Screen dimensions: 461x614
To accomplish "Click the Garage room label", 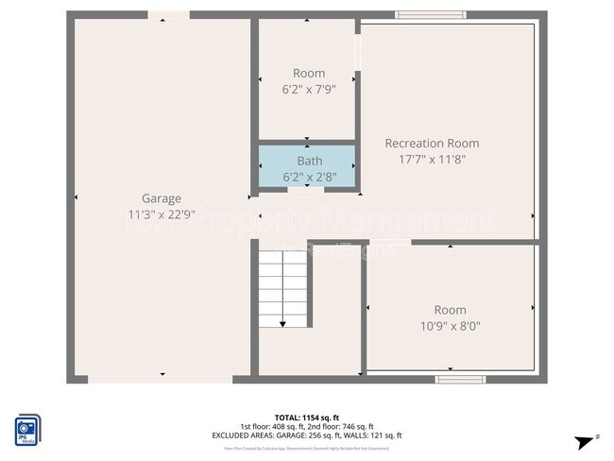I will [162, 198].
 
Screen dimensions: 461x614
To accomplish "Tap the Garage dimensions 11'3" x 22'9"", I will [162, 213].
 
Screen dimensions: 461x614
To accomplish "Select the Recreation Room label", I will [432, 144].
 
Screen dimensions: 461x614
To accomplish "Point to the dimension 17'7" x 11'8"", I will [432, 159].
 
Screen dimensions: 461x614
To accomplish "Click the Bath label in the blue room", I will [309, 161].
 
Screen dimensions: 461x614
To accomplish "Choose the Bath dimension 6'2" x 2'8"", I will [309, 176].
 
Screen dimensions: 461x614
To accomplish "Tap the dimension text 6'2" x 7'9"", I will [309, 89].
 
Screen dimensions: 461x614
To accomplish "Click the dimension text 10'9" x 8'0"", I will [450, 326].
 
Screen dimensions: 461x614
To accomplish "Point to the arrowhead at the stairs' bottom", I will [283, 323].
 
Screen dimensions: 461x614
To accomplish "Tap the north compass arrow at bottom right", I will [588, 441].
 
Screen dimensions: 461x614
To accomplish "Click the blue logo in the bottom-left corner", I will [27, 427].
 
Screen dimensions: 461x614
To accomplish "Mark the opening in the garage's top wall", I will [168, 15].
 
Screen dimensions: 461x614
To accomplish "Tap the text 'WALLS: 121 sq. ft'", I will [375, 435].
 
